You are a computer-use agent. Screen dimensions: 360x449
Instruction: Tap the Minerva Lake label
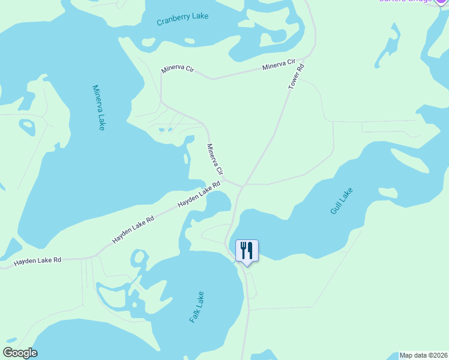coord(99,107)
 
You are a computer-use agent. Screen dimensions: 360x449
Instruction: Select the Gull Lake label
coord(342,202)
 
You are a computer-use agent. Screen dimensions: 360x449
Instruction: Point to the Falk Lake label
coord(197,307)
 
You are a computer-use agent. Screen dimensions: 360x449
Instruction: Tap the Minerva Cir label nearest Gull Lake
coord(215,159)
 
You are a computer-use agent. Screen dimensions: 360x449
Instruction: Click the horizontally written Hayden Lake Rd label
coord(38,261)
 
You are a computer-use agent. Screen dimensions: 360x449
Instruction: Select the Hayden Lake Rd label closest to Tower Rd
coord(200,196)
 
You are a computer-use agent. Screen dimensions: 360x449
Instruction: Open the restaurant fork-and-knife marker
coord(247,250)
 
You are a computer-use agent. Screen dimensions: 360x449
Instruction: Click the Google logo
coord(20,353)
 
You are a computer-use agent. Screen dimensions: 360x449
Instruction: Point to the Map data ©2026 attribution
coord(423,355)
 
